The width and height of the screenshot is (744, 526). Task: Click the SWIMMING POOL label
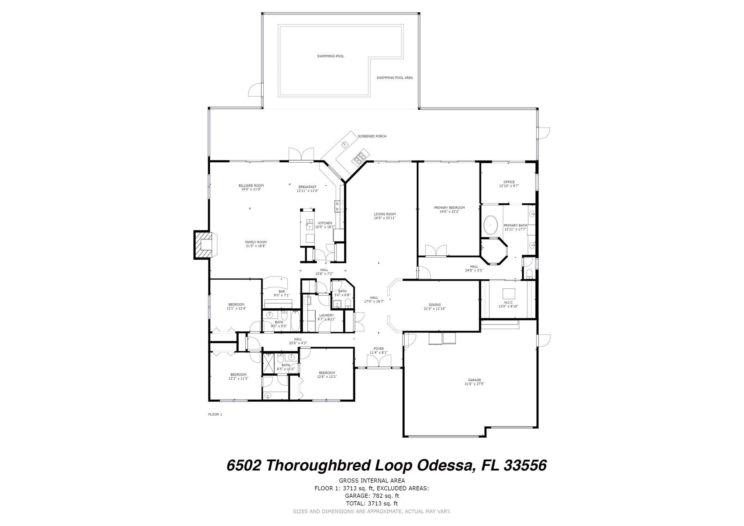[x=330, y=56]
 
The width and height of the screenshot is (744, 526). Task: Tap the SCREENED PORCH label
[x=372, y=136]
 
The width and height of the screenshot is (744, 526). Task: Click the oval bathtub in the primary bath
[x=491, y=226]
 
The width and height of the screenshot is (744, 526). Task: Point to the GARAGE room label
[x=474, y=380]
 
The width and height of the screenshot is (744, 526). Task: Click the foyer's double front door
[x=379, y=361]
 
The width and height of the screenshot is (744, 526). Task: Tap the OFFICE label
[x=509, y=182]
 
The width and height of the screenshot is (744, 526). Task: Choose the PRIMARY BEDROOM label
[x=449, y=208]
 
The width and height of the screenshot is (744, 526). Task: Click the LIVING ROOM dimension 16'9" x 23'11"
[x=385, y=218]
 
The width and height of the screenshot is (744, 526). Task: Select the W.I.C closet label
[x=508, y=302]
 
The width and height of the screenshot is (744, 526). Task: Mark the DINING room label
[x=434, y=305]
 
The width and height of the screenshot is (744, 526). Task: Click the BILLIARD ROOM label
[x=251, y=186]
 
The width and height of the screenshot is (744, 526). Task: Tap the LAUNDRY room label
[x=326, y=315]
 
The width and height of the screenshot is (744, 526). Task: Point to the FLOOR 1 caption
[x=215, y=414]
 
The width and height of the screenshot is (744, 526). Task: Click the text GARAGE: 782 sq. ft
[x=372, y=495]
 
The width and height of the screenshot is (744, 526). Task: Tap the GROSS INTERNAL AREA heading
[x=372, y=481]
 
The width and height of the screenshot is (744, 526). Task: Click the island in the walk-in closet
[x=509, y=293]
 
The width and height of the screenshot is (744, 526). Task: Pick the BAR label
[x=282, y=291]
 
